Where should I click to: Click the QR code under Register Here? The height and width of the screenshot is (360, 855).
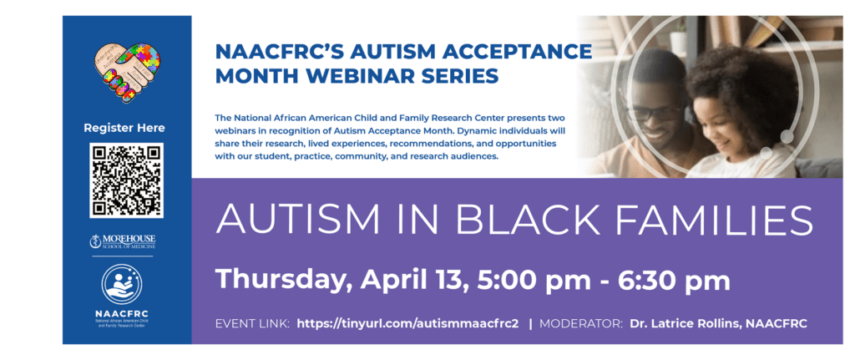pyautogui.click(x=126, y=180)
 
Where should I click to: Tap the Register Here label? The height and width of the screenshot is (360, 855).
pyautogui.click(x=124, y=128)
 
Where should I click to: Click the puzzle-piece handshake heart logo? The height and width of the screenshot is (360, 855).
pyautogui.click(x=127, y=73)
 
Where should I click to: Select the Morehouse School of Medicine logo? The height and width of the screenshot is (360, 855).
pyautogui.click(x=123, y=242)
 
